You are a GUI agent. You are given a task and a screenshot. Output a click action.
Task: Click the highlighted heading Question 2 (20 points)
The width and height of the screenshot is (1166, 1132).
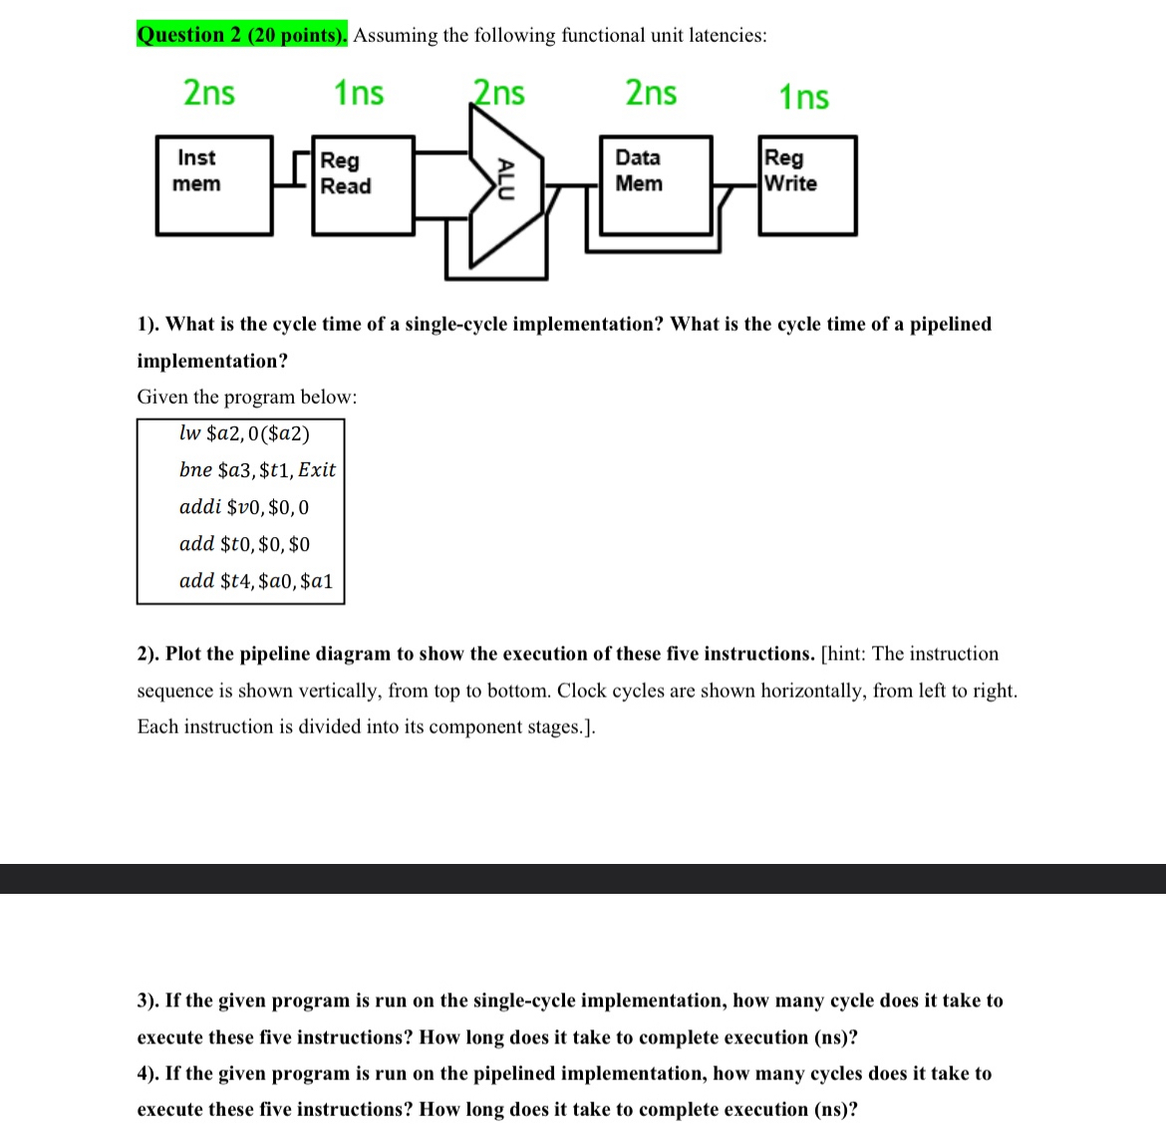pos(242,35)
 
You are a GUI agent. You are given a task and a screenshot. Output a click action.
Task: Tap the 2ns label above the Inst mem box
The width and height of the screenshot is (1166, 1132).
pos(209,93)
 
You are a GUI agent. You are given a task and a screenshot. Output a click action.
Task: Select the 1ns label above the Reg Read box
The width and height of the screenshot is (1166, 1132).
pos(359,93)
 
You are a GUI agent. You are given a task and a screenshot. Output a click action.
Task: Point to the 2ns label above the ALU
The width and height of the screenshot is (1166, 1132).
pos(499,93)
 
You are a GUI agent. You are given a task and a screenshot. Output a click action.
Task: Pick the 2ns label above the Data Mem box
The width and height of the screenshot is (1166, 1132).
pos(651,93)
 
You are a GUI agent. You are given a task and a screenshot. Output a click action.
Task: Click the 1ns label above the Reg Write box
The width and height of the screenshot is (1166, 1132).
pos(803,97)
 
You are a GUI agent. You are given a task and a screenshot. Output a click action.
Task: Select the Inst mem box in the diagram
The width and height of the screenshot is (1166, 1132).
pos(214,185)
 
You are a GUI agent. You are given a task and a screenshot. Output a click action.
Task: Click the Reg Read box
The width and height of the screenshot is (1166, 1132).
pos(363,185)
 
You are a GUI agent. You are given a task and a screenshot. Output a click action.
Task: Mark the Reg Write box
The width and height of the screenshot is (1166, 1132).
pos(807,185)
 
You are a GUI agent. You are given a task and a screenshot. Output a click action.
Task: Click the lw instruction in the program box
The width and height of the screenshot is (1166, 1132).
pos(244,433)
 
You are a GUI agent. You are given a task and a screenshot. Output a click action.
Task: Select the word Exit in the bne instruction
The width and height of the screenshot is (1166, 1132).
pos(317,469)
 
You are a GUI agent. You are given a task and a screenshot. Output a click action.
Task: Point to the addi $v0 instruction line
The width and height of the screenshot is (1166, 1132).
pos(244,507)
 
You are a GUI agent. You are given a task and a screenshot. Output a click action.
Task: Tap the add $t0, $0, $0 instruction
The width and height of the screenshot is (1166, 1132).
pos(244,544)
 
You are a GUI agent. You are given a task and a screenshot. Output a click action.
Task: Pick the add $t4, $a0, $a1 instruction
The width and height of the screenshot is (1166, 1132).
pos(256,581)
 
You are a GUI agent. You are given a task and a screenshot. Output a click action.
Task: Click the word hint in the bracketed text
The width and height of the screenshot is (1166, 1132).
pos(846,654)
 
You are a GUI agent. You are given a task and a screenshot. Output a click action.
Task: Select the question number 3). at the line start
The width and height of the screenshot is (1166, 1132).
pos(148,1000)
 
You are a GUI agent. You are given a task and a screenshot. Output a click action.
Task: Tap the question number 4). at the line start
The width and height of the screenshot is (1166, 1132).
pos(148,1073)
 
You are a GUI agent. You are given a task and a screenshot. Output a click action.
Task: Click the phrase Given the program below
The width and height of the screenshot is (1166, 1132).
pos(246,397)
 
